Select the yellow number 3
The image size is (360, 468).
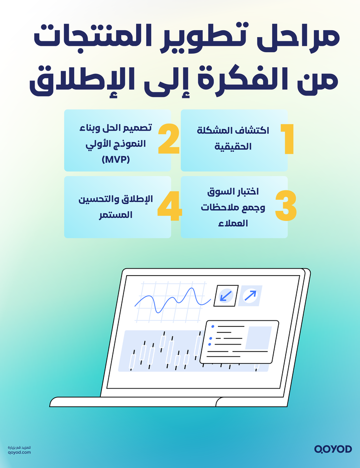click(286, 206)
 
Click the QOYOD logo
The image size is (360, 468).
click(333, 448)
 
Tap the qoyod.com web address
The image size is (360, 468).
click(20, 452)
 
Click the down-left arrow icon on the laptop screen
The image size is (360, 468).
click(223, 296)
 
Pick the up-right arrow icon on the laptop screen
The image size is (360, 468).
click(250, 296)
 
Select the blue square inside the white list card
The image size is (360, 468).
click(258, 337)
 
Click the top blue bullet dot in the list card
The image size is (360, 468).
click(212, 326)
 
